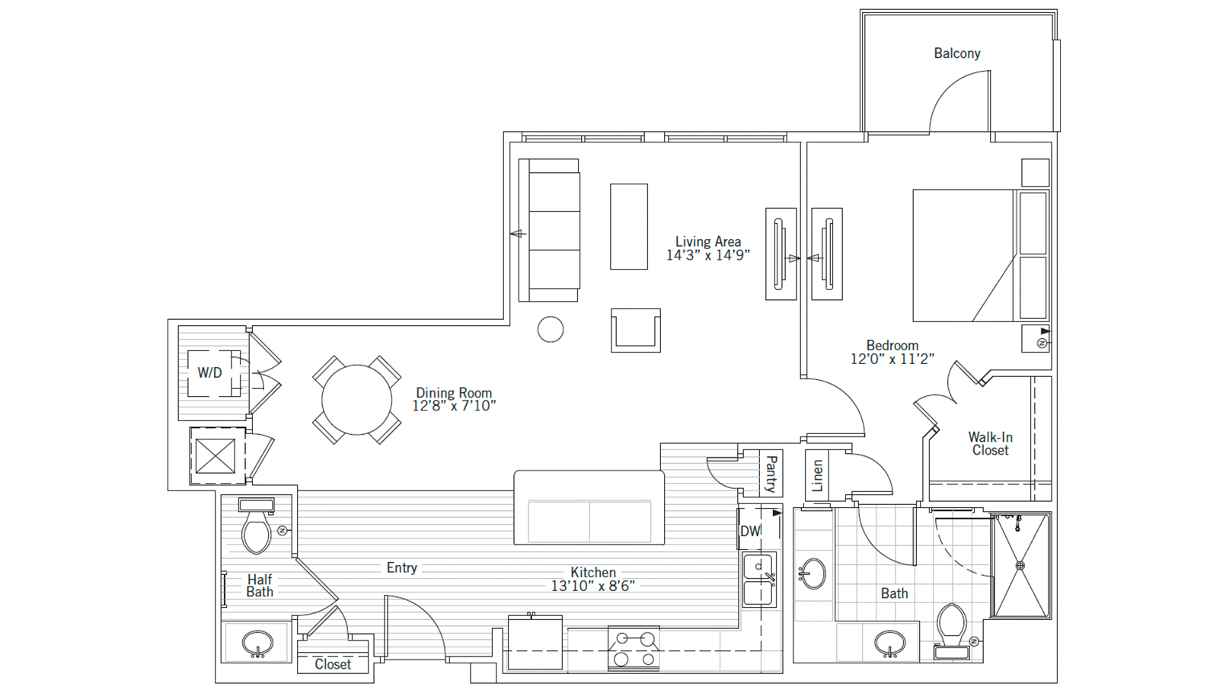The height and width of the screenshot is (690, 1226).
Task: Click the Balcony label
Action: pyautogui.click(x=956, y=53)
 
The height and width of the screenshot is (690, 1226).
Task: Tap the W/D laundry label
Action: pyautogui.click(x=209, y=372)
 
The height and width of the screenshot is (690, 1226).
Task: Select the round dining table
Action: pyautogui.click(x=356, y=400)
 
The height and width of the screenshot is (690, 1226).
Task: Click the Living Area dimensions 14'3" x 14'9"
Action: pyautogui.click(x=707, y=256)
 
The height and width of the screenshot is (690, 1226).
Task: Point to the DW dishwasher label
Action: pyautogui.click(x=750, y=531)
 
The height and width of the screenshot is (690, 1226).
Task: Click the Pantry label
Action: pyautogui.click(x=771, y=473)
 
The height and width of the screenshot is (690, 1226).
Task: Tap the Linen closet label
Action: pyautogui.click(x=818, y=475)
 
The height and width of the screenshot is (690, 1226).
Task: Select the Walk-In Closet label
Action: pyautogui.click(x=990, y=443)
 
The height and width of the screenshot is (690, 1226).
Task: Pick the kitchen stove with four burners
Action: pyautogui.click(x=634, y=649)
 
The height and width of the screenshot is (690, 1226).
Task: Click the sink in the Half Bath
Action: pyautogui.click(x=257, y=644)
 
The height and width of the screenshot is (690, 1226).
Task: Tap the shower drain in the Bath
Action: pyautogui.click(x=1020, y=566)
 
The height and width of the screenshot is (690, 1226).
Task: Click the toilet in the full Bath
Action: pyautogui.click(x=952, y=629)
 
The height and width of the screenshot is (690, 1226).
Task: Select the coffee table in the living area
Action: pyautogui.click(x=628, y=226)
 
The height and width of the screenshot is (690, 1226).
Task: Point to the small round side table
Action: pyautogui.click(x=551, y=329)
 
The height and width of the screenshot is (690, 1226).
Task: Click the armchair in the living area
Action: pyautogui.click(x=635, y=330)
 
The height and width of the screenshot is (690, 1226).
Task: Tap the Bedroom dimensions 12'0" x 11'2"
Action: pyautogui.click(x=892, y=359)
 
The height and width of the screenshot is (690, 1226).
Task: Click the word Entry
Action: pyautogui.click(x=401, y=567)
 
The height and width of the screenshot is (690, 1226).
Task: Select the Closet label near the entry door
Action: pyautogui.click(x=333, y=664)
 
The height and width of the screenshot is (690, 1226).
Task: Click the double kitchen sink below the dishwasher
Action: pyautogui.click(x=758, y=579)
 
